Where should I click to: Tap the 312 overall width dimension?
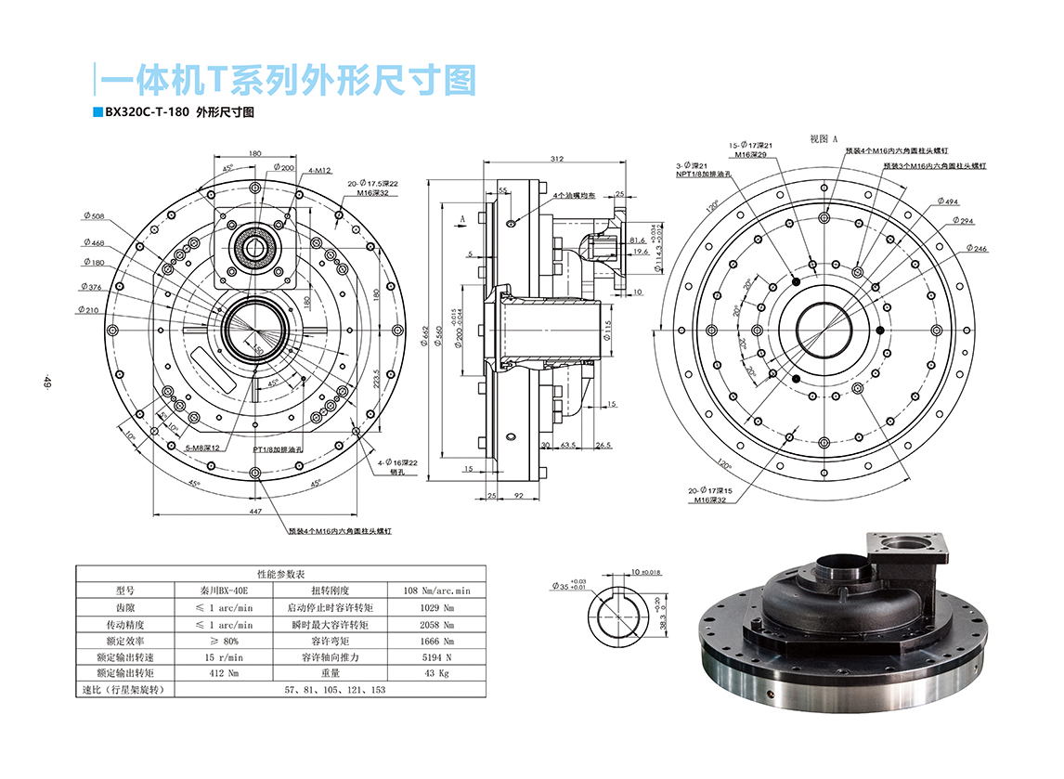(556, 159)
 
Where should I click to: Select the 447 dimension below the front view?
(254, 512)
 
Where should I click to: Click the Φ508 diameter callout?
(93, 216)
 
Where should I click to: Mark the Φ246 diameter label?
(976, 249)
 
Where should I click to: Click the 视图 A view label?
(824, 138)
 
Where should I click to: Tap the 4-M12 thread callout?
(322, 170)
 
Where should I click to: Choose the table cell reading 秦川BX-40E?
(223, 591)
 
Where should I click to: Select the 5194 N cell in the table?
(435, 657)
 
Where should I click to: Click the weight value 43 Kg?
(435, 674)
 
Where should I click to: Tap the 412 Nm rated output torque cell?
(223, 674)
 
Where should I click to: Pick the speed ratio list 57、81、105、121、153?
(335, 691)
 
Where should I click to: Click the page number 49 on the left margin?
(45, 381)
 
